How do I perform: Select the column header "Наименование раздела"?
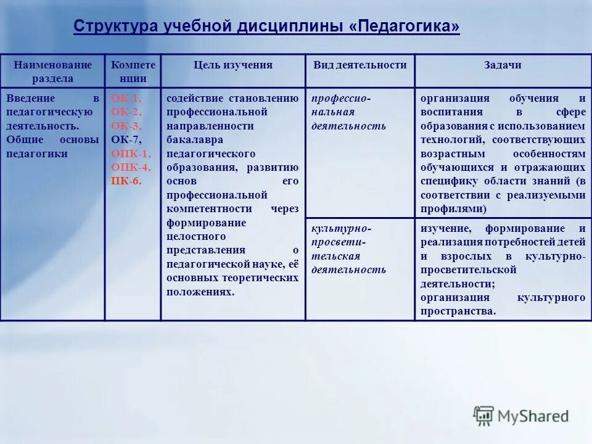(x=53, y=72)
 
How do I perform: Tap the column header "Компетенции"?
(x=133, y=72)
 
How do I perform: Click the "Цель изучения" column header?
(x=233, y=65)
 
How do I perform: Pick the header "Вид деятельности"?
(x=360, y=65)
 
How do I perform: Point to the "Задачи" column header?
(x=503, y=65)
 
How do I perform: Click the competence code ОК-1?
(x=126, y=99)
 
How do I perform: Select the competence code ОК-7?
(x=126, y=140)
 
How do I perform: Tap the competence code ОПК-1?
(x=130, y=154)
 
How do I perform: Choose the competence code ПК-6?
(x=126, y=181)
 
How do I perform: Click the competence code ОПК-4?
(x=130, y=167)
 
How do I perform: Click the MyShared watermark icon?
(x=483, y=416)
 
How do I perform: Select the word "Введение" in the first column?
(x=31, y=99)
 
